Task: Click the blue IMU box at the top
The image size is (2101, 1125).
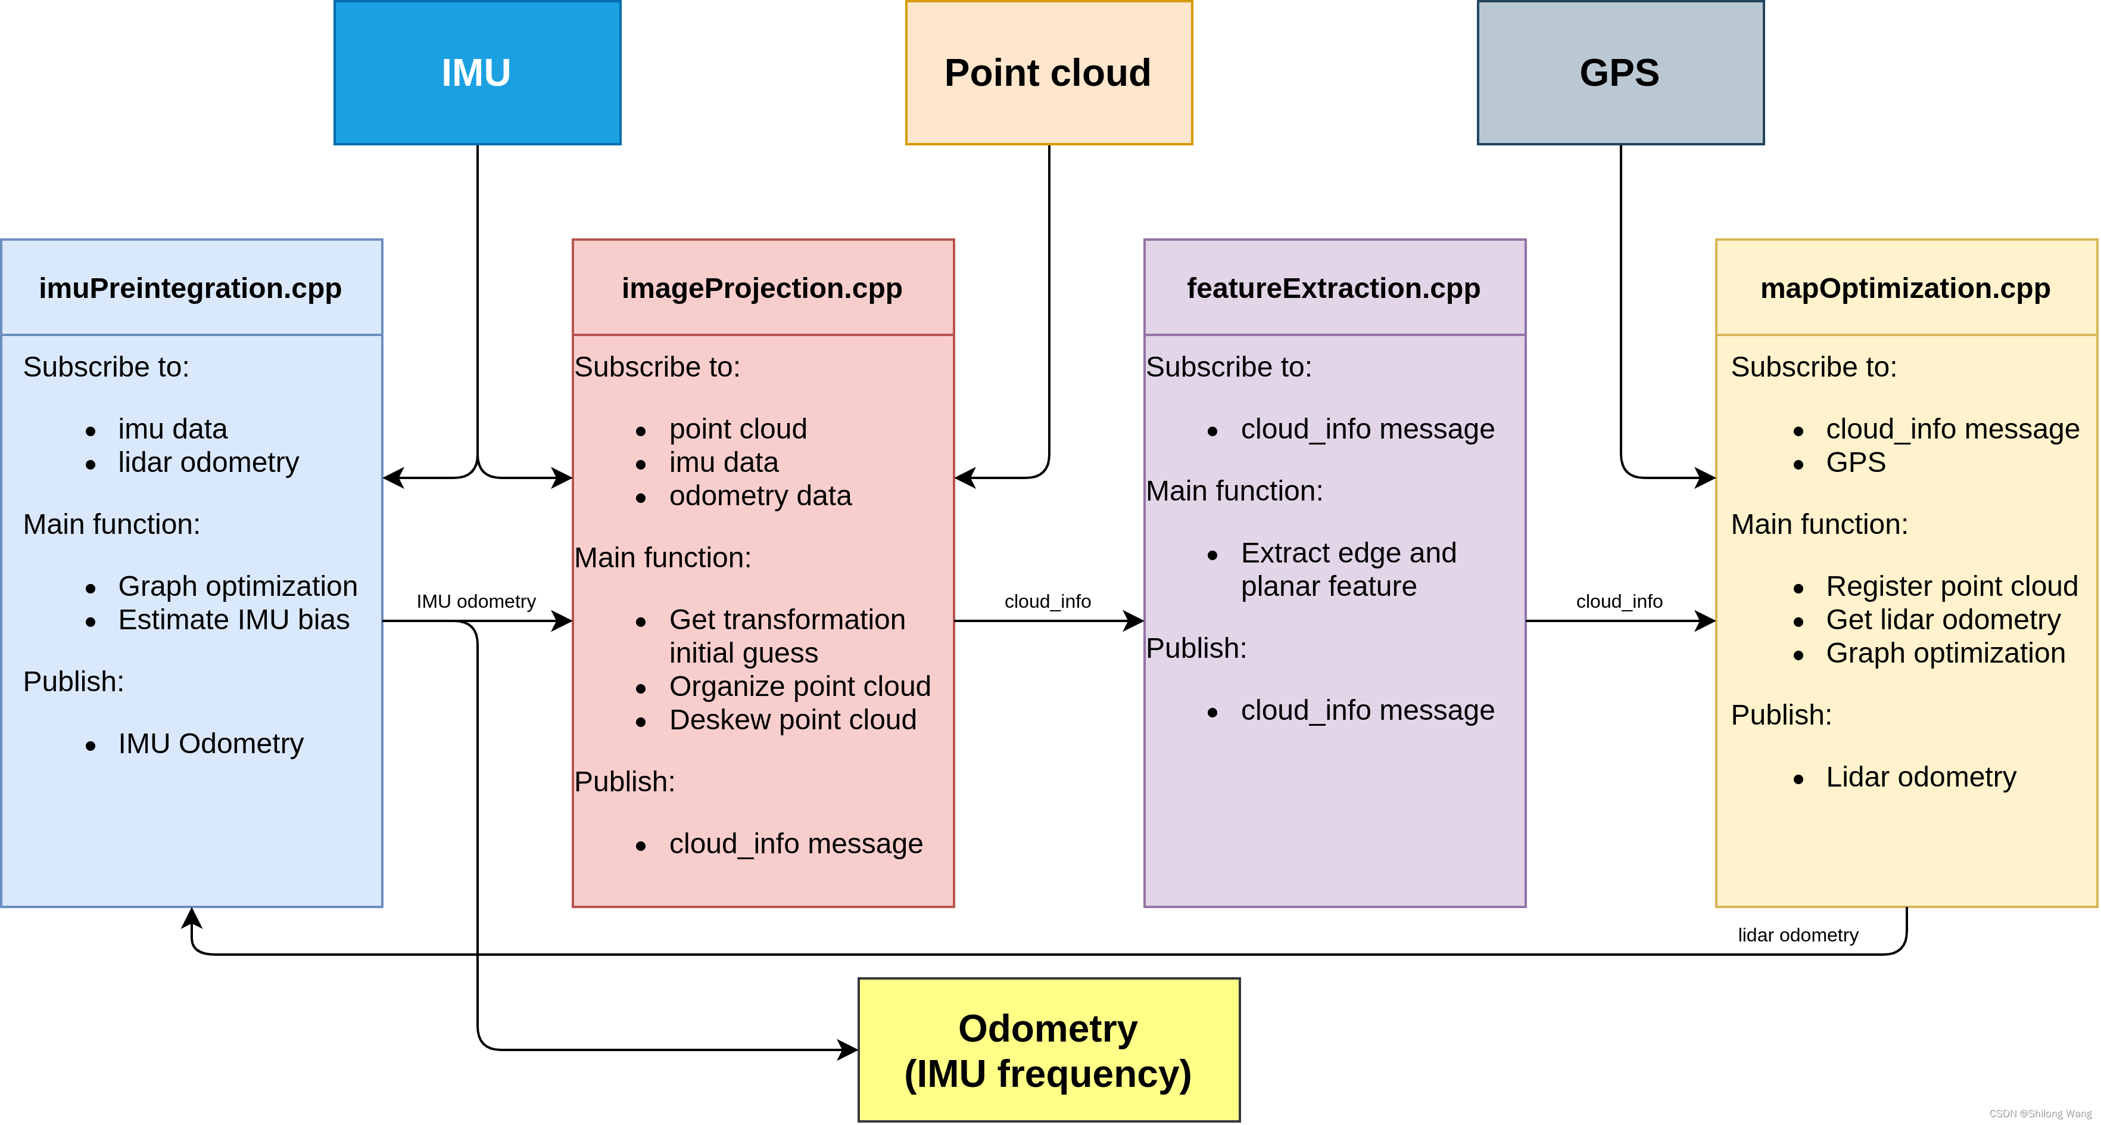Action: (477, 73)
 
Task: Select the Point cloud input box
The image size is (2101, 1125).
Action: (1048, 73)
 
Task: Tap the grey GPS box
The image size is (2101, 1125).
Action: (1620, 73)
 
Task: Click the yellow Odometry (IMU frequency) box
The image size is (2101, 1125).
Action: (1048, 1050)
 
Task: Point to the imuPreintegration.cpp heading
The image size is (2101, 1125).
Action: (190, 288)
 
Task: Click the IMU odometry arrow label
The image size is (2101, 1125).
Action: (476, 601)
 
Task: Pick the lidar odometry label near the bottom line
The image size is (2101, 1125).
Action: (1798, 935)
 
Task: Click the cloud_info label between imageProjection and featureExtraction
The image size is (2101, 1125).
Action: (1048, 601)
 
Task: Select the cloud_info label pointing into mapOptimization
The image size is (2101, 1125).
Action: (1619, 601)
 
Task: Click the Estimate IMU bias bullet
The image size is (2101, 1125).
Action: (233, 620)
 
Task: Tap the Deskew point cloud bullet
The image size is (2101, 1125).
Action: (792, 720)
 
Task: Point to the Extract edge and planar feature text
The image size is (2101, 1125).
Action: (1348, 570)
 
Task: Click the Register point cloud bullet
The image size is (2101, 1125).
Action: (1951, 586)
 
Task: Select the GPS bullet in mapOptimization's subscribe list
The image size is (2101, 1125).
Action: (1856, 462)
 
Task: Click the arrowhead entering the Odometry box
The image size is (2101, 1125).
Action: (848, 1050)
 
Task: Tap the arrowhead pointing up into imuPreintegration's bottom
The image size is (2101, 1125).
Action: (192, 918)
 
